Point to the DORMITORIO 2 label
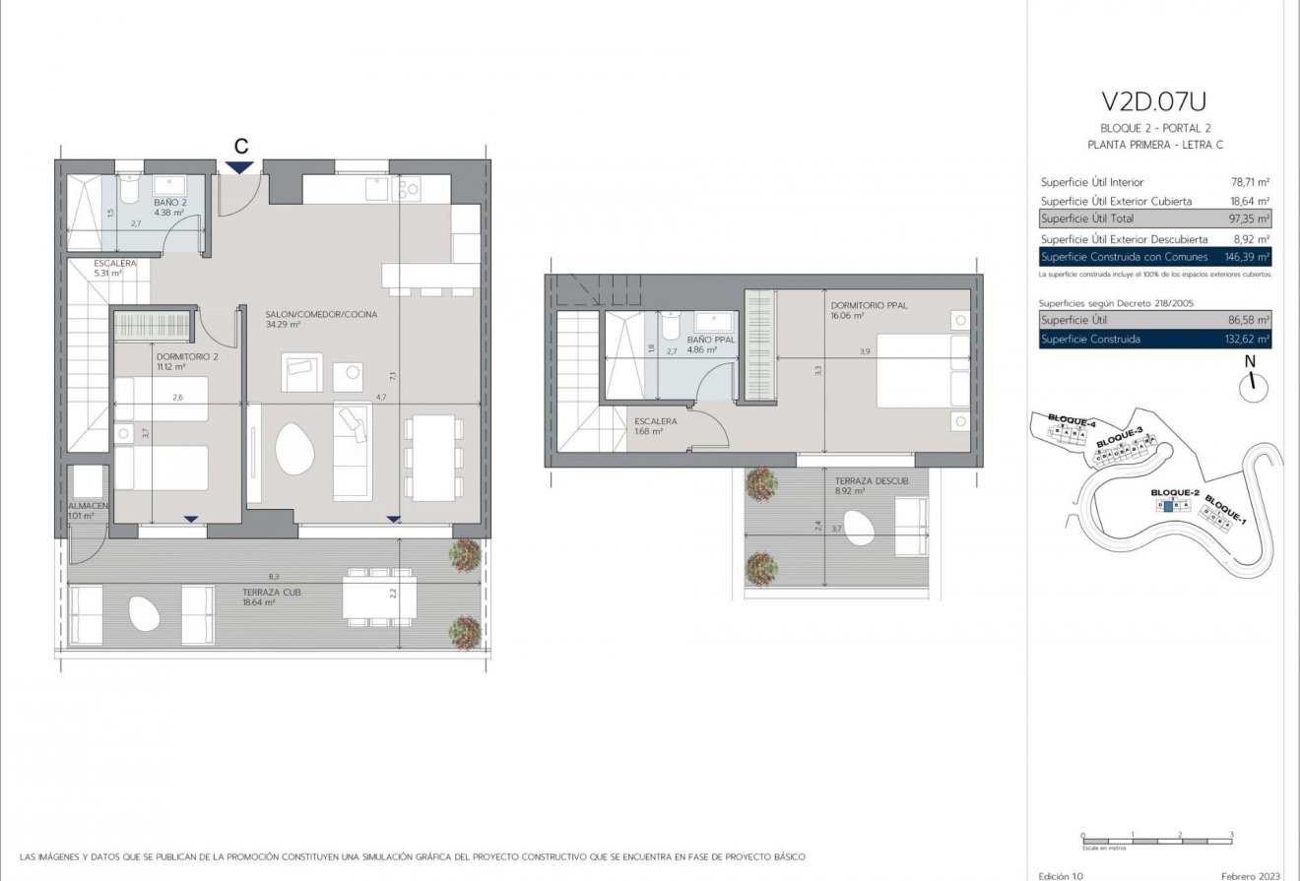185,356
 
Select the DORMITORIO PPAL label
869,306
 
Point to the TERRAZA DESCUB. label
866,480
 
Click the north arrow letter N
1251,362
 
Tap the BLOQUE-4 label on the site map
1072,421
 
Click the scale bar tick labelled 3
1231,835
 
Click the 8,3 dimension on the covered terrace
274,576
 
